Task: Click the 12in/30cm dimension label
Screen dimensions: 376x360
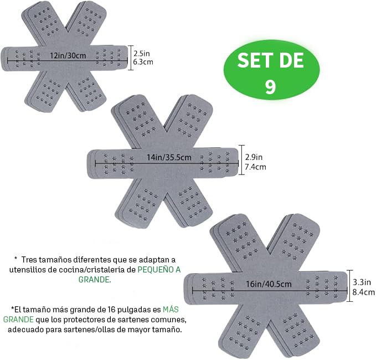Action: [x=68, y=55]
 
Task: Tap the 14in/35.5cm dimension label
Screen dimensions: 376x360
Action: [x=169, y=158]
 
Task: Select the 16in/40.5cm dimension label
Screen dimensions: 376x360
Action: [x=269, y=284]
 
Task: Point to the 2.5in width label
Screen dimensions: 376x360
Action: [x=141, y=53]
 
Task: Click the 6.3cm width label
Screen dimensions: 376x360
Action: [x=143, y=62]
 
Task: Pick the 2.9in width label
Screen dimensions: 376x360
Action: [x=254, y=157]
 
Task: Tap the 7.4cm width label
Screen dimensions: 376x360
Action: [x=255, y=167]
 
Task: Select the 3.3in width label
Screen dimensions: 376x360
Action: [x=362, y=282]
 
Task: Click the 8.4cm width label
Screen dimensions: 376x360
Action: [x=363, y=292]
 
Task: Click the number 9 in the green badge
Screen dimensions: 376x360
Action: [x=270, y=87]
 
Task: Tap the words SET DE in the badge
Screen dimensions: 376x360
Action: [x=270, y=60]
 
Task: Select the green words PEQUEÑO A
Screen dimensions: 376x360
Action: [x=159, y=270]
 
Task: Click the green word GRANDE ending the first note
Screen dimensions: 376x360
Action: [x=95, y=279]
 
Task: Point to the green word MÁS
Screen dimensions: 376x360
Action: [x=171, y=310]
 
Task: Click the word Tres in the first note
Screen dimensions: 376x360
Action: [x=29, y=260]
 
